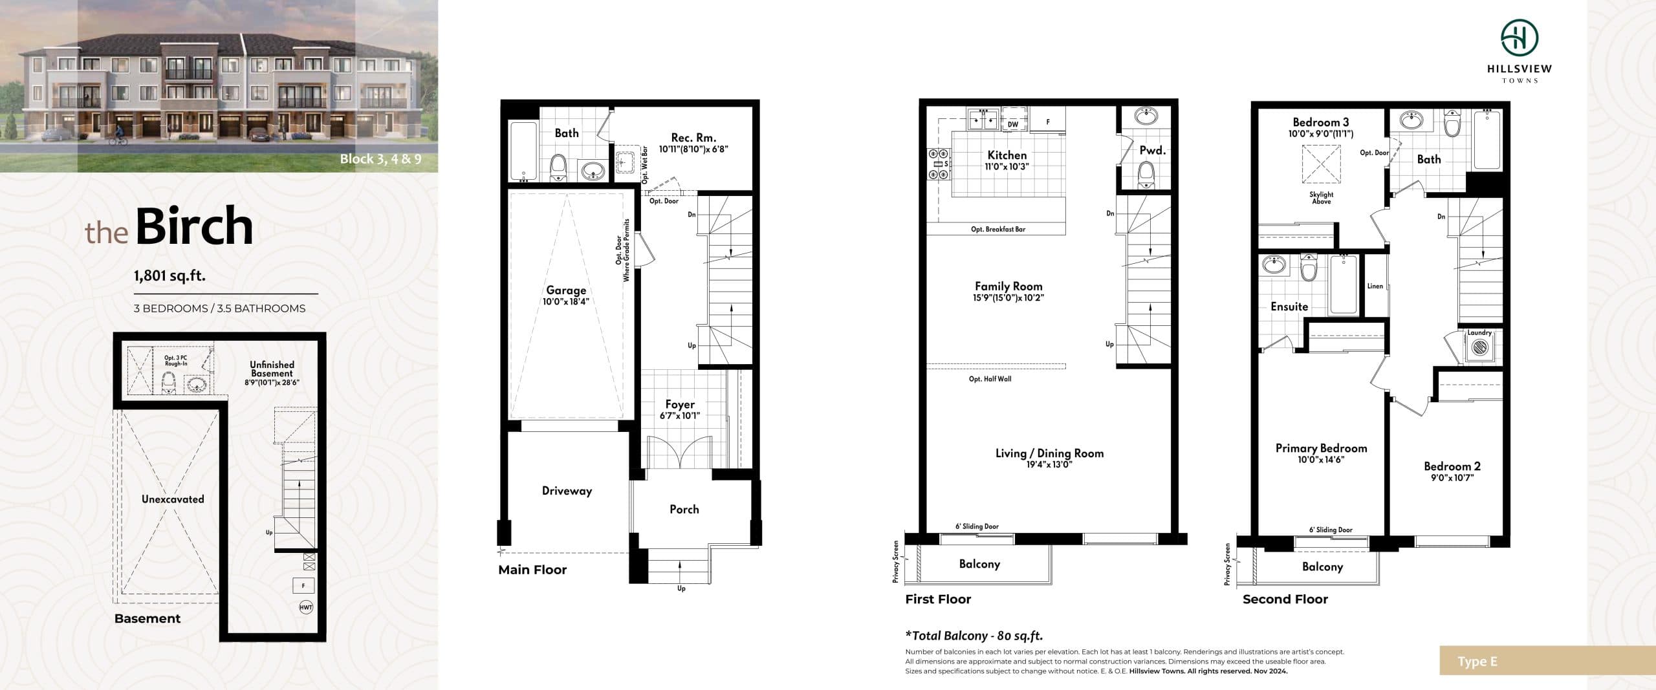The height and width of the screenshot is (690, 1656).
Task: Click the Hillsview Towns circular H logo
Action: (x=1519, y=38)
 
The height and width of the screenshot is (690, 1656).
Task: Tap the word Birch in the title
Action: (x=194, y=226)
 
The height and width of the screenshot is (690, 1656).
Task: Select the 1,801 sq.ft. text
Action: (x=169, y=275)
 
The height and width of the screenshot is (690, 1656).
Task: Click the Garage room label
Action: (x=565, y=290)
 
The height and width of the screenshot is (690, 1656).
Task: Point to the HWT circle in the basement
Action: (x=306, y=607)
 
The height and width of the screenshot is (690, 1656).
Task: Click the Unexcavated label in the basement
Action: (x=173, y=499)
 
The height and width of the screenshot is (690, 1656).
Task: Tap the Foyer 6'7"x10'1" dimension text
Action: (x=679, y=416)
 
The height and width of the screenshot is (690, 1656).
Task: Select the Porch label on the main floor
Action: (x=684, y=509)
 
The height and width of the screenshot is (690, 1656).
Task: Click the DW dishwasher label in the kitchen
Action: (x=1013, y=124)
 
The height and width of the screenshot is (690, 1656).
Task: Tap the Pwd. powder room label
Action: (x=1152, y=150)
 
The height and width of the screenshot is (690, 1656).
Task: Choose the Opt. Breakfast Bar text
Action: (x=997, y=229)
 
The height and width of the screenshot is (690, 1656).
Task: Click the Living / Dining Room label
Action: (x=1049, y=453)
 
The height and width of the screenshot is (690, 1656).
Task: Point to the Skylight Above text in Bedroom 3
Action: (x=1321, y=198)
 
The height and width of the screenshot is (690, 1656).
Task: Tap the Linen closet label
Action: (x=1375, y=286)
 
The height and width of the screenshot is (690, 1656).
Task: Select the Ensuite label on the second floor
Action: (x=1289, y=307)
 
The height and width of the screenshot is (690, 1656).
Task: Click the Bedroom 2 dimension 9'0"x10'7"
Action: (x=1452, y=478)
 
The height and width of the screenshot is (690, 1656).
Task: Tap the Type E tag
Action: (x=1477, y=662)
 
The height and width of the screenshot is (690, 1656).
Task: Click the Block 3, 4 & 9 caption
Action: (x=380, y=159)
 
